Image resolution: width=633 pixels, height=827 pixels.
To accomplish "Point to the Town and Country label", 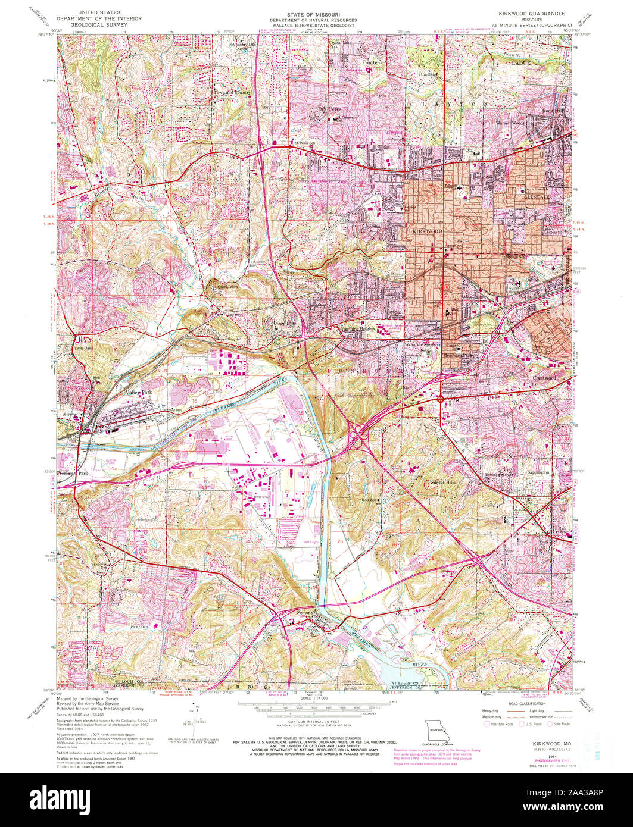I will (x=233, y=93).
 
